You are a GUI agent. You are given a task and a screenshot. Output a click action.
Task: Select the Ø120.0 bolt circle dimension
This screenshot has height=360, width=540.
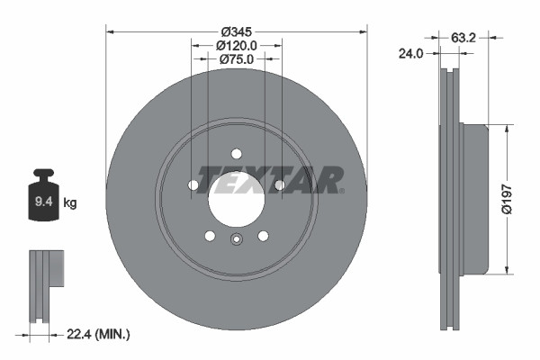pyautogui.click(x=237, y=45)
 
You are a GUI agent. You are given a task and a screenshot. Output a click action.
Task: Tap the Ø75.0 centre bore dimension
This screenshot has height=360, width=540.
pyautogui.click(x=237, y=59)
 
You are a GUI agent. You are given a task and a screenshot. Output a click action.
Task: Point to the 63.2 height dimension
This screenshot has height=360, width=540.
pyautogui.click(x=463, y=38)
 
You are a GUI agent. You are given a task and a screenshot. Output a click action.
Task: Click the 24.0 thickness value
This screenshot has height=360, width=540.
pyautogui.click(x=410, y=54)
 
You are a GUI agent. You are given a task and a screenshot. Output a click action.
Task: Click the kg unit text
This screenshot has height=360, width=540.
pyautogui.click(x=70, y=204)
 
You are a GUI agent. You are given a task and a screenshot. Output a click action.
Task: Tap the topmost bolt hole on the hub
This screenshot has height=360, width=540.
pyautogui.click(x=237, y=153)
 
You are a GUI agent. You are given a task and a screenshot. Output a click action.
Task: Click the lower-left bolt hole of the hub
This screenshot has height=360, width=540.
pyautogui.click(x=210, y=236)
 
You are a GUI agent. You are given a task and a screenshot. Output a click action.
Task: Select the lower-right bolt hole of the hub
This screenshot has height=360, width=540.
pyautogui.click(x=263, y=236)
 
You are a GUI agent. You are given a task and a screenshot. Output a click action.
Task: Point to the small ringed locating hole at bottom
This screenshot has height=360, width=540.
pyautogui.click(x=237, y=239)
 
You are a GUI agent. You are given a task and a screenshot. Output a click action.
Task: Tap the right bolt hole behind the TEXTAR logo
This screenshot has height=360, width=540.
pyautogui.click(x=280, y=185)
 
